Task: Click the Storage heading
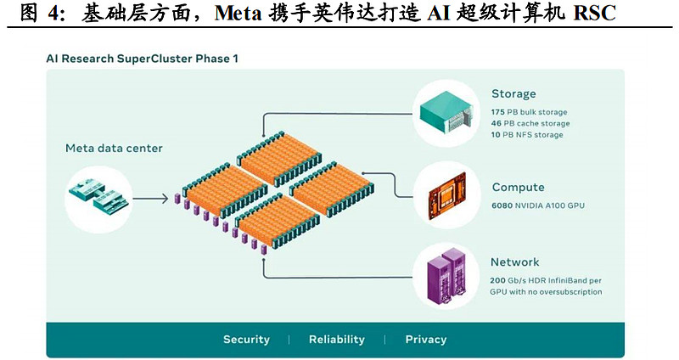pyautogui.click(x=513, y=93)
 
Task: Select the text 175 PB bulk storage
pyautogui.click(x=529, y=112)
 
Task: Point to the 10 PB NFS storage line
pyautogui.click(x=526, y=135)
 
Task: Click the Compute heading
pyautogui.click(x=518, y=187)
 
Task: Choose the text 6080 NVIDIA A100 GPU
pyautogui.click(x=537, y=205)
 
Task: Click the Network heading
pyautogui.click(x=514, y=262)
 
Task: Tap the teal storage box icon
pyautogui.click(x=446, y=112)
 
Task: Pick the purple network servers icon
pyautogui.click(x=446, y=275)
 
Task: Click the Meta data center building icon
pyautogui.click(x=99, y=195)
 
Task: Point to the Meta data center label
pyautogui.click(x=114, y=149)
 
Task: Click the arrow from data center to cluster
pyautogui.click(x=151, y=200)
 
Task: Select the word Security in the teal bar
pyautogui.click(x=246, y=340)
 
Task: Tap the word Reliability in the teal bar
pyautogui.click(x=336, y=340)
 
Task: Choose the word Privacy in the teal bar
pyautogui.click(x=425, y=340)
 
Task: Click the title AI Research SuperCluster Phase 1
pyautogui.click(x=142, y=59)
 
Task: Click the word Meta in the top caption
pyautogui.click(x=244, y=14)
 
